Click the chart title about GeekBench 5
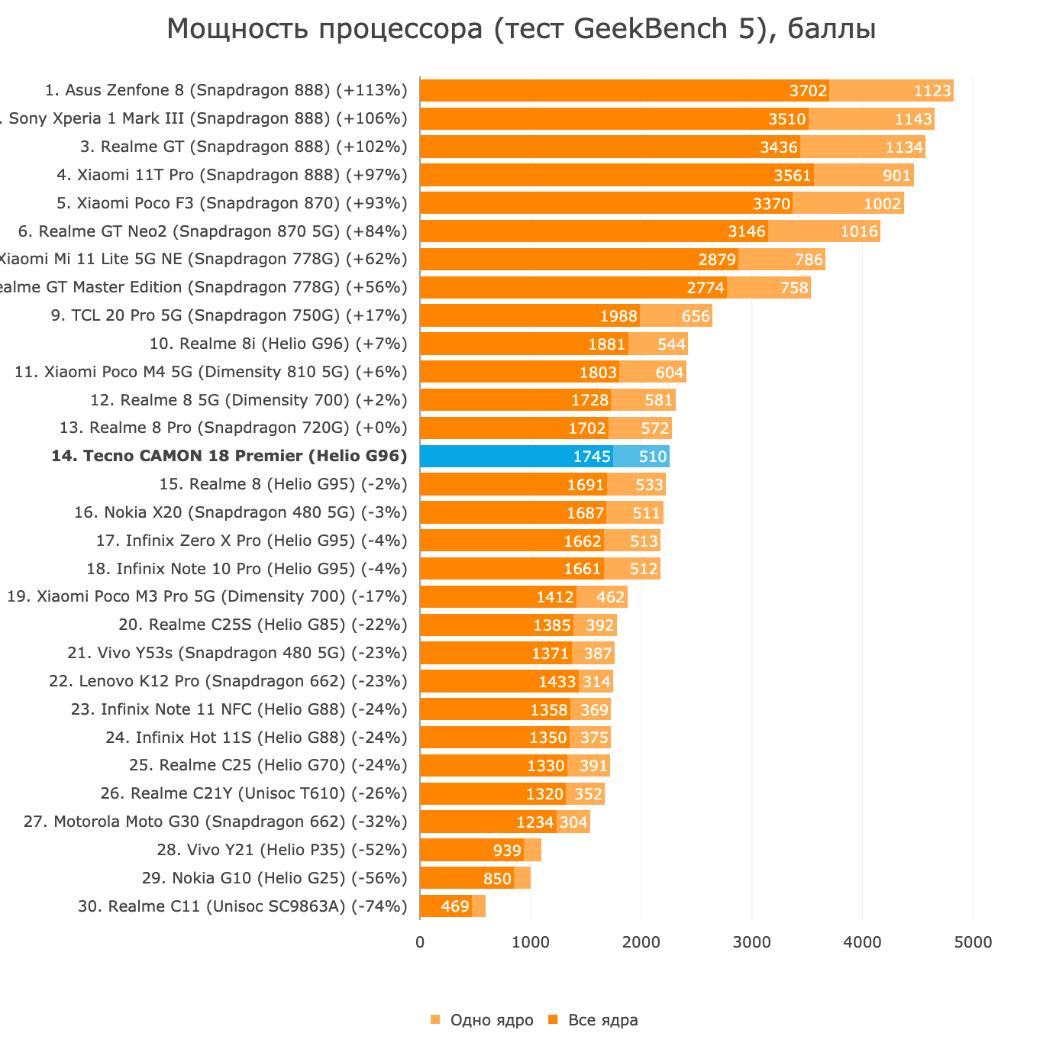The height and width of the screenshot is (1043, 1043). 521,29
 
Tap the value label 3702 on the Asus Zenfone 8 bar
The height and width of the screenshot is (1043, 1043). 808,92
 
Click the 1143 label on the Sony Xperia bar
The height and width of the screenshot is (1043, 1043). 913,120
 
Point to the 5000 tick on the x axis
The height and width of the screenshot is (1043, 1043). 973,942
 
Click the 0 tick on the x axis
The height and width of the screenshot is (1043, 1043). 420,942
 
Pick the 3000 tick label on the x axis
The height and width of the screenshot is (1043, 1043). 751,942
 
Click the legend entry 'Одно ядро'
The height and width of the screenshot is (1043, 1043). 491,1020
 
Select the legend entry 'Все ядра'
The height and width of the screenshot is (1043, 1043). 602,1020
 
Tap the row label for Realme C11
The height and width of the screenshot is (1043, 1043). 242,906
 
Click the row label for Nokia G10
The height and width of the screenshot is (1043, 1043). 274,878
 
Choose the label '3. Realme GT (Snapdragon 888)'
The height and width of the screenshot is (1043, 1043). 244,147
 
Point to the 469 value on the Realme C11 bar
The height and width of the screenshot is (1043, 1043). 455,907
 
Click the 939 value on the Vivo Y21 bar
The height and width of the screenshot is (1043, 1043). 507,851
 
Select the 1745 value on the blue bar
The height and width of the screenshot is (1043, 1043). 592,457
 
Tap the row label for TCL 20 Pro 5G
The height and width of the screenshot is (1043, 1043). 229,315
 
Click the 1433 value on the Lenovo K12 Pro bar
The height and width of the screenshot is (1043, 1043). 557,682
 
